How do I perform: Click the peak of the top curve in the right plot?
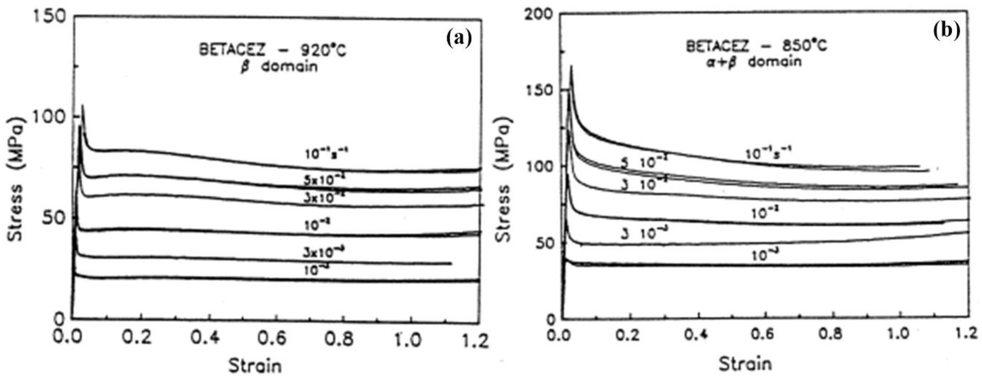(x=571, y=66)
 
